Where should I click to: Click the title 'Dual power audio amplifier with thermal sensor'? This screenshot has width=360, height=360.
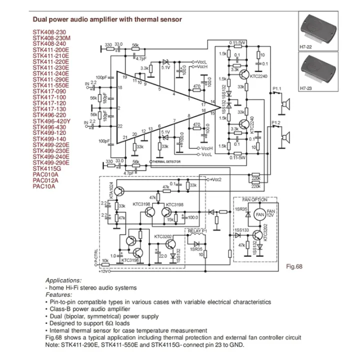coord(107,19)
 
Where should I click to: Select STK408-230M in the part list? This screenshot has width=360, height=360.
coord(52,37)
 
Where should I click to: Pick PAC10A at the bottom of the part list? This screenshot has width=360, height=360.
coord(43,186)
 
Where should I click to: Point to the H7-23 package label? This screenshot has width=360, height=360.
coord(305,88)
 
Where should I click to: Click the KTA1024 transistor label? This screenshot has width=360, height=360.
coord(111,190)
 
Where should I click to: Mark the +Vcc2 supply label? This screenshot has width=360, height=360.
coord(216,179)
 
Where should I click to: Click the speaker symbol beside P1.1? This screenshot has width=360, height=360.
coord(287,104)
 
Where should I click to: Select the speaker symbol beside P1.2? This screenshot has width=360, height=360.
coord(287,135)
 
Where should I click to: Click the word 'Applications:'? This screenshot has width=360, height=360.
coord(63,280)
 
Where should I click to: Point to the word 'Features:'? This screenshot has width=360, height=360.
coord(58,295)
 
